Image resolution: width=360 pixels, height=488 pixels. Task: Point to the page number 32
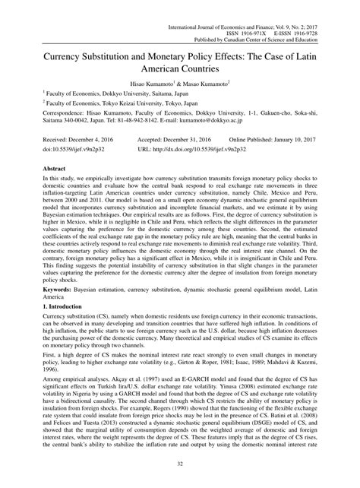pyautogui.click(x=180, y=465)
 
